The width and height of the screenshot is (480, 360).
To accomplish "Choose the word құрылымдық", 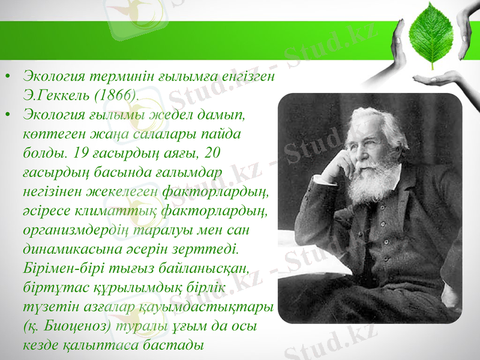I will click(127, 286).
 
